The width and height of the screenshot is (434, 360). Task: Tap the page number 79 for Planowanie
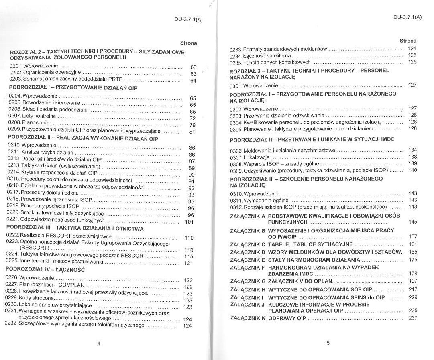(x=192, y=125)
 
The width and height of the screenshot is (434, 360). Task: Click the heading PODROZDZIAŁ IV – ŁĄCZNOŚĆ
(x=45, y=270)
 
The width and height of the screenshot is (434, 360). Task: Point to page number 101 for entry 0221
(x=189, y=222)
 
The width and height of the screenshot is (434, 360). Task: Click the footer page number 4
(x=99, y=343)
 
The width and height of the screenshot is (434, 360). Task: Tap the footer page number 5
(x=328, y=343)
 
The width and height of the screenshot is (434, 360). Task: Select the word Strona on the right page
(x=408, y=41)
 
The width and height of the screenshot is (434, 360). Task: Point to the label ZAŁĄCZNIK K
(x=247, y=318)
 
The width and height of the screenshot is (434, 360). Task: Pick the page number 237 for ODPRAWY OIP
(x=413, y=318)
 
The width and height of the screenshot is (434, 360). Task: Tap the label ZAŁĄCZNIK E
(x=247, y=260)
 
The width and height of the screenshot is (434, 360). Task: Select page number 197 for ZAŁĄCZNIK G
(x=413, y=281)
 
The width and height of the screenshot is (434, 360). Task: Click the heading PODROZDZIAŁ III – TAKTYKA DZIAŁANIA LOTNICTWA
(x=75, y=229)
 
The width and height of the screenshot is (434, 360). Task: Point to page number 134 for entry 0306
(x=413, y=150)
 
